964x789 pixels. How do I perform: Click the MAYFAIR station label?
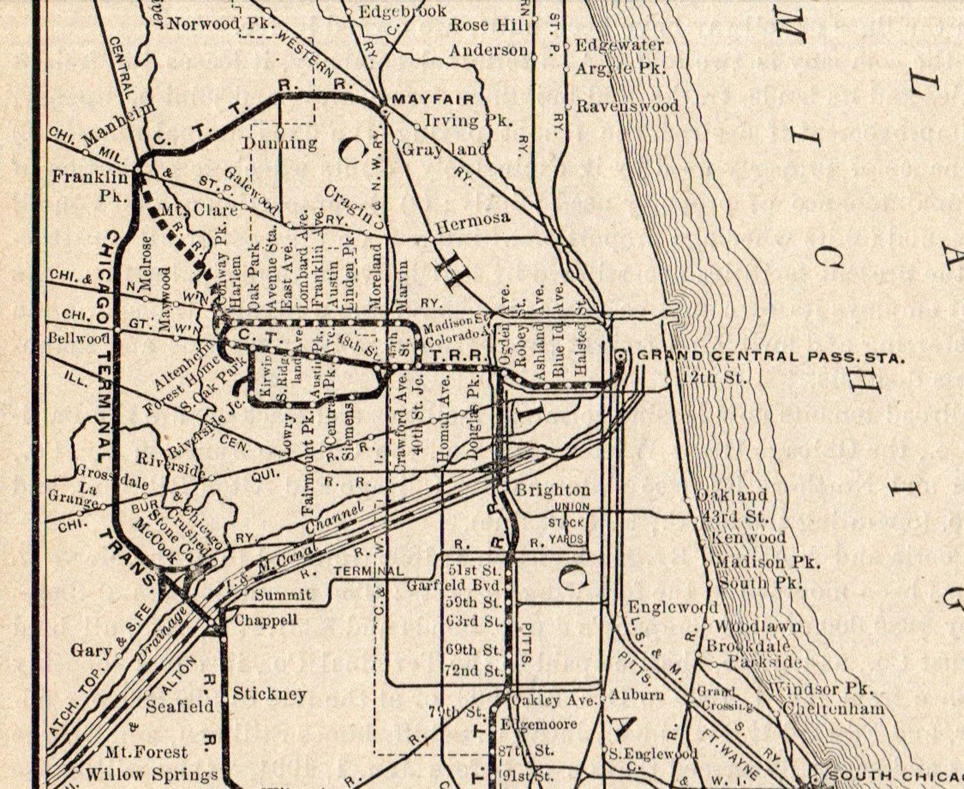433,99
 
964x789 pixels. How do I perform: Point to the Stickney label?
270,694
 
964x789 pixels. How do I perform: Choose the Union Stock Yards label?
569,523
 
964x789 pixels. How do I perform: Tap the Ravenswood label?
627,106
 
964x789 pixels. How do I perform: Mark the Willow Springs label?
151,775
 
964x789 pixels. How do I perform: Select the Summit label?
283,595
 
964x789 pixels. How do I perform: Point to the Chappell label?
266,620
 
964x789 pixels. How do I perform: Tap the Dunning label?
280,143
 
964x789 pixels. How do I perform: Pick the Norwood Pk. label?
222,24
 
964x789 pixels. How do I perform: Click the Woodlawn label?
758,626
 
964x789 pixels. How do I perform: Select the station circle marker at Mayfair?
384,110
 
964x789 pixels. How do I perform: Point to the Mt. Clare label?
199,210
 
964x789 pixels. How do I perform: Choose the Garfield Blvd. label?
455,586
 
